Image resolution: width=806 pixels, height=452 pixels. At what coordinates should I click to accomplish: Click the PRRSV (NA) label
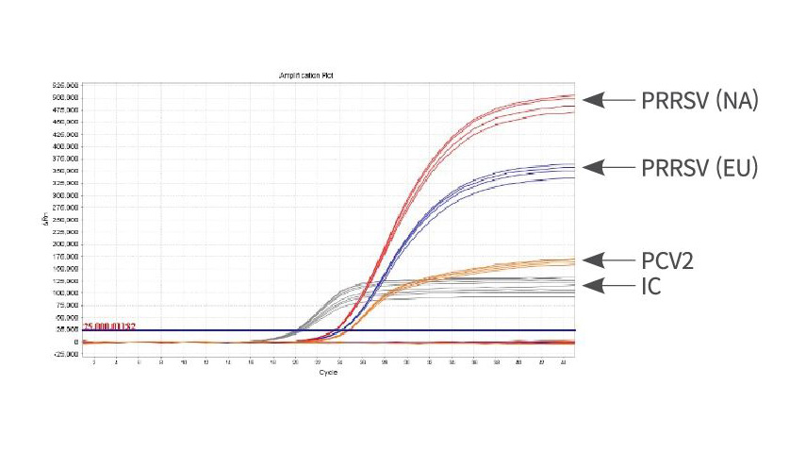[x=699, y=100]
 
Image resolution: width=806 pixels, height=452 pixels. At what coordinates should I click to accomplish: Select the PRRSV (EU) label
[x=699, y=168]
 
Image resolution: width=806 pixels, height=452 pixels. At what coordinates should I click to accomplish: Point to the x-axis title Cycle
[x=327, y=372]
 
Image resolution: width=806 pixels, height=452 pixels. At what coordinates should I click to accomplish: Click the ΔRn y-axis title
[x=44, y=219]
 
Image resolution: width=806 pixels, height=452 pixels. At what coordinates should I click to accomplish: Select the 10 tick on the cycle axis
[x=184, y=362]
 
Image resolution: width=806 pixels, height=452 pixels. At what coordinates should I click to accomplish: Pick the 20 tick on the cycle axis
[x=296, y=362]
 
